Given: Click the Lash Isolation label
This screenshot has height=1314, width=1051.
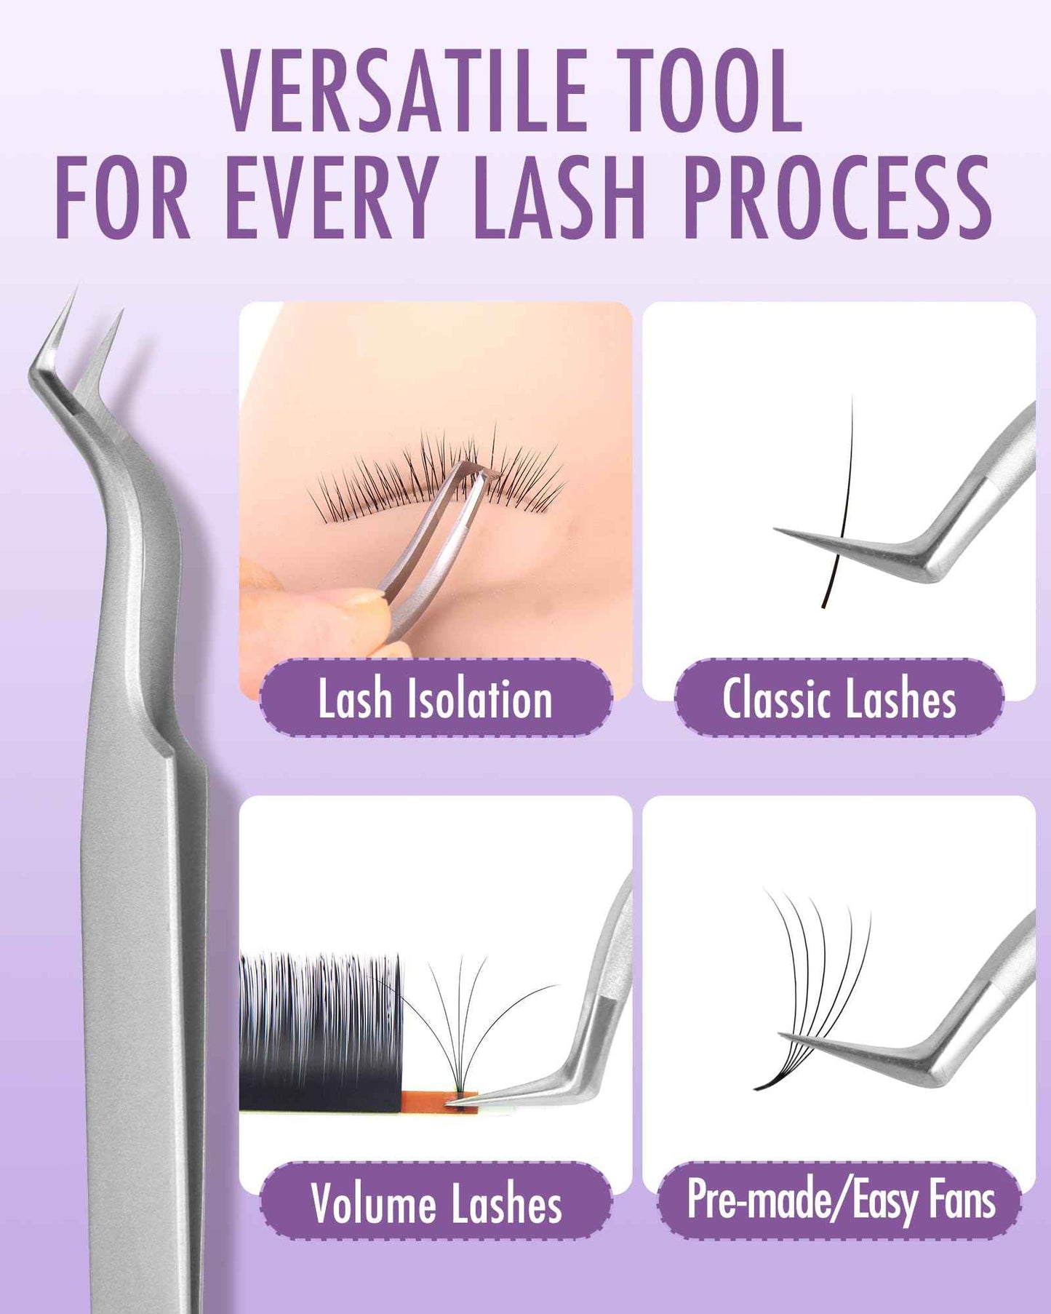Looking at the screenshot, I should [x=435, y=698].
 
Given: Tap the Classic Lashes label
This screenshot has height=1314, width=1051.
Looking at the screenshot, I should [x=839, y=698].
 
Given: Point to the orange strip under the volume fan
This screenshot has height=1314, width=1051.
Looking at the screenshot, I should [x=436, y=1101].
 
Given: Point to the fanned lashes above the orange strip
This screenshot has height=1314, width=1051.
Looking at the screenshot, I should [x=465, y=1019].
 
